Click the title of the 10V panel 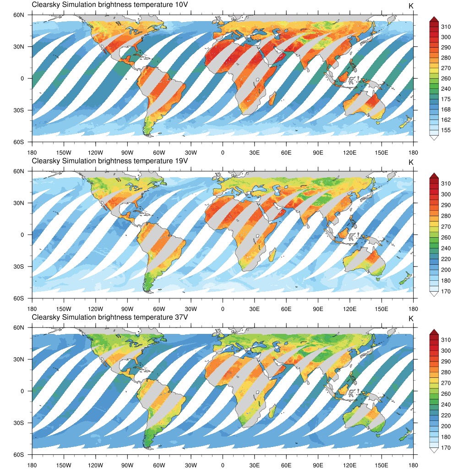click(110, 5)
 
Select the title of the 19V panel click(110, 161)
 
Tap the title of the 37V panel click(110, 317)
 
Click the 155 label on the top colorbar click(446, 131)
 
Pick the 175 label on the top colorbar click(446, 99)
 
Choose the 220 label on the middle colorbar click(446, 259)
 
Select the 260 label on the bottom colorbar click(446, 394)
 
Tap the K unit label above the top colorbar click(411, 5)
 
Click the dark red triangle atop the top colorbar click(432, 18)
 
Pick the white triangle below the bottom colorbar click(432, 450)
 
